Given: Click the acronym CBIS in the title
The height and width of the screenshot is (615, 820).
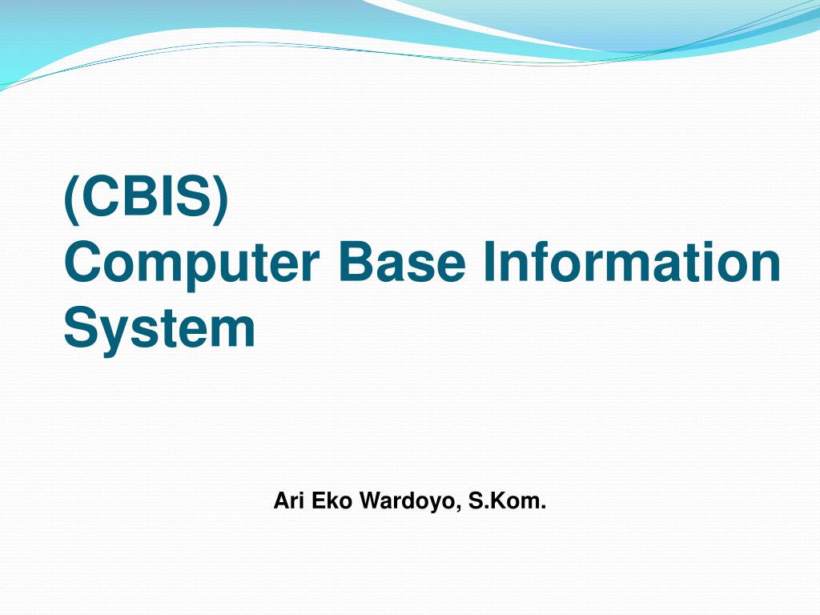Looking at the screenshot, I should coord(147,199).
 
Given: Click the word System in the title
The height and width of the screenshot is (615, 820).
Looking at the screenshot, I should coord(159,328).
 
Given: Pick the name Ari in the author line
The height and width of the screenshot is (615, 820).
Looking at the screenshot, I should coord(287,502).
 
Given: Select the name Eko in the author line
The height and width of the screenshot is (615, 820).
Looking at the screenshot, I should coord(328,502).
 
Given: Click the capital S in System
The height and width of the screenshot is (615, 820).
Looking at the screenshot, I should coord(79,328).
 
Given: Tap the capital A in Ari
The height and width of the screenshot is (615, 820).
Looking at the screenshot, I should coord(280,502).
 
